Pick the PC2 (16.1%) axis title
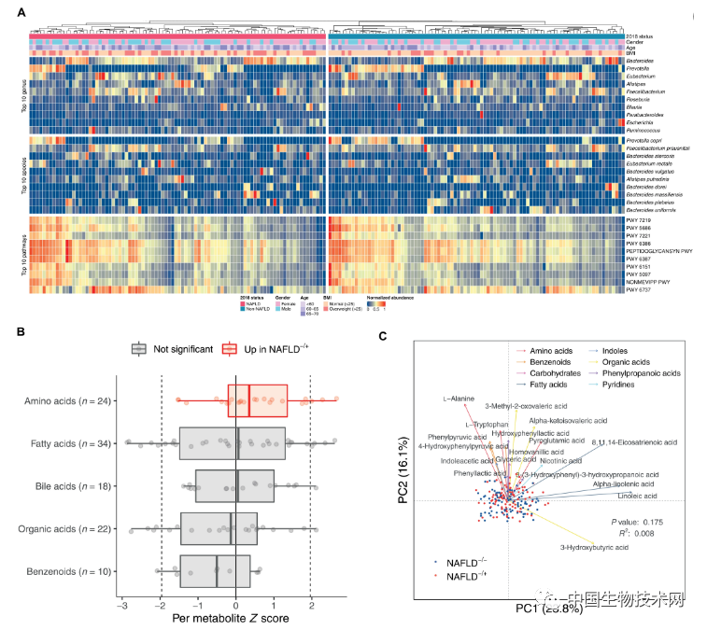point(404,464)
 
